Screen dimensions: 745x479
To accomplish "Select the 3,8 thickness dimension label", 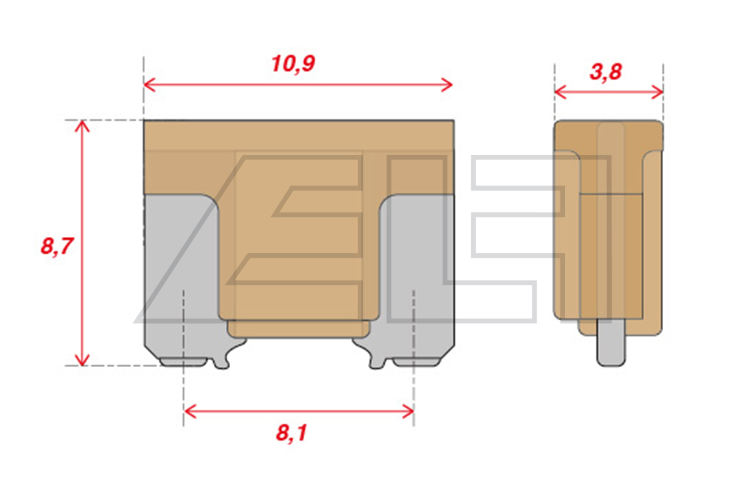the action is [x=606, y=72].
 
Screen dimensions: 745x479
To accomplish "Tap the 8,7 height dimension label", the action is [x=57, y=247].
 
